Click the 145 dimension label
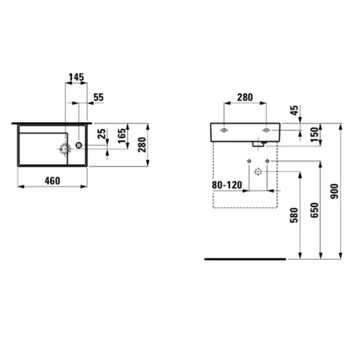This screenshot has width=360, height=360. click(76, 78)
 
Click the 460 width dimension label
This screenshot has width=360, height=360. click(52, 182)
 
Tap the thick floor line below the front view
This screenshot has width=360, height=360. click(244, 259)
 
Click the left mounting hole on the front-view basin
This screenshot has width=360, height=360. click(226, 127)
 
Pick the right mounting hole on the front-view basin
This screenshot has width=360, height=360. click(266, 127)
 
